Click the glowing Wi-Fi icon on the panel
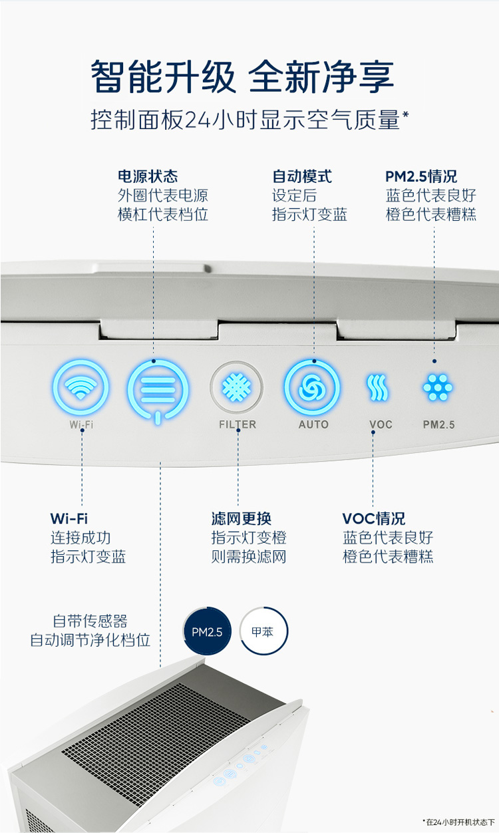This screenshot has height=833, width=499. click(81, 387)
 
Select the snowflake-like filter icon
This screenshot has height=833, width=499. click(236, 388)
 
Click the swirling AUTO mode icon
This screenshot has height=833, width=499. click(311, 387)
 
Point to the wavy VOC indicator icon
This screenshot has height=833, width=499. click(377, 387)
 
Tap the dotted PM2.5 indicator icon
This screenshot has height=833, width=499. click(438, 387)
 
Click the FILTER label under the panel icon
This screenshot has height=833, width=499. click(238, 424)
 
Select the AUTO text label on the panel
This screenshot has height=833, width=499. click(313, 424)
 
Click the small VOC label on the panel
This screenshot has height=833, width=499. click(381, 424)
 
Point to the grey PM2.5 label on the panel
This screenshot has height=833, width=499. click(438, 424)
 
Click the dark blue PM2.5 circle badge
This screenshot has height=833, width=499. click(207, 631)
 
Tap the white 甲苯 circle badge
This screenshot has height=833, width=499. click(263, 631)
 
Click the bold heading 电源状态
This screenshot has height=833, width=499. click(148, 176)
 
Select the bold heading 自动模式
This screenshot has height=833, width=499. click(302, 176)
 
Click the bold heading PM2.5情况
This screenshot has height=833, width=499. click(421, 176)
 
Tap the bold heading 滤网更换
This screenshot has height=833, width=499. click(242, 518)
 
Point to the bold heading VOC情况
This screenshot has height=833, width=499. click(374, 518)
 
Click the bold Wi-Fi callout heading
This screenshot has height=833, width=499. click(69, 518)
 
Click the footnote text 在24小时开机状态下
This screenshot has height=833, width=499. click(460, 822)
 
